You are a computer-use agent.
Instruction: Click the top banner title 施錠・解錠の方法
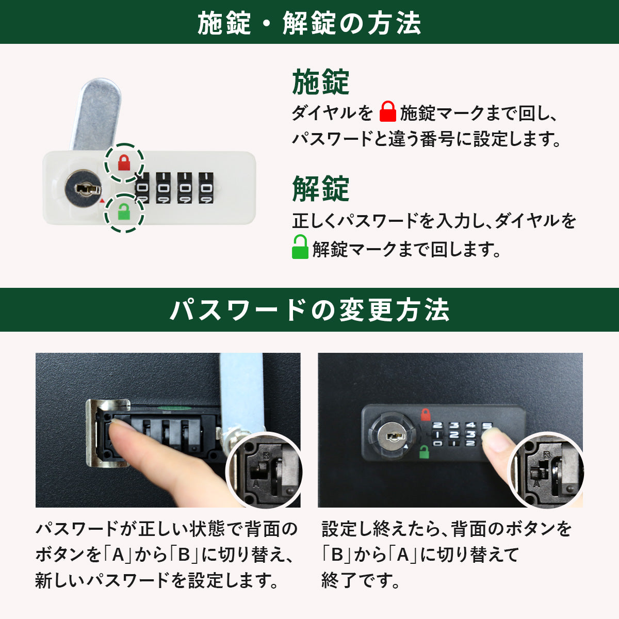pyautogui.click(x=309, y=23)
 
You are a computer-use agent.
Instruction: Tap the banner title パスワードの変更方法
pyautogui.click(x=309, y=309)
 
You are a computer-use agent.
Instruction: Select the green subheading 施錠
pyautogui.click(x=320, y=82)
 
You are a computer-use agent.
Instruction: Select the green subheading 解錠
pyautogui.click(x=320, y=189)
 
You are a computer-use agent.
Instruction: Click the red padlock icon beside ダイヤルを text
pyautogui.click(x=388, y=111)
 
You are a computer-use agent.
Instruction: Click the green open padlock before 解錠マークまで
pyautogui.click(x=300, y=247)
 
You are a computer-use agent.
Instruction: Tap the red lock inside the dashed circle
pyautogui.click(x=124, y=162)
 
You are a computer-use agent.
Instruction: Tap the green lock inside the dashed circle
pyautogui.click(x=124, y=211)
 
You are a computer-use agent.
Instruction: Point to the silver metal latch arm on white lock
pyautogui.click(x=96, y=114)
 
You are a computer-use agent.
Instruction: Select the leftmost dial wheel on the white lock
pyautogui.click(x=142, y=188)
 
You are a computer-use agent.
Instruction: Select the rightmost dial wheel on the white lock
pyautogui.click(x=206, y=188)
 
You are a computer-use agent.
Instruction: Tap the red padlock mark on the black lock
pyautogui.click(x=425, y=414)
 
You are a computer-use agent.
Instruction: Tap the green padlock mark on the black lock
pyautogui.click(x=425, y=452)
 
